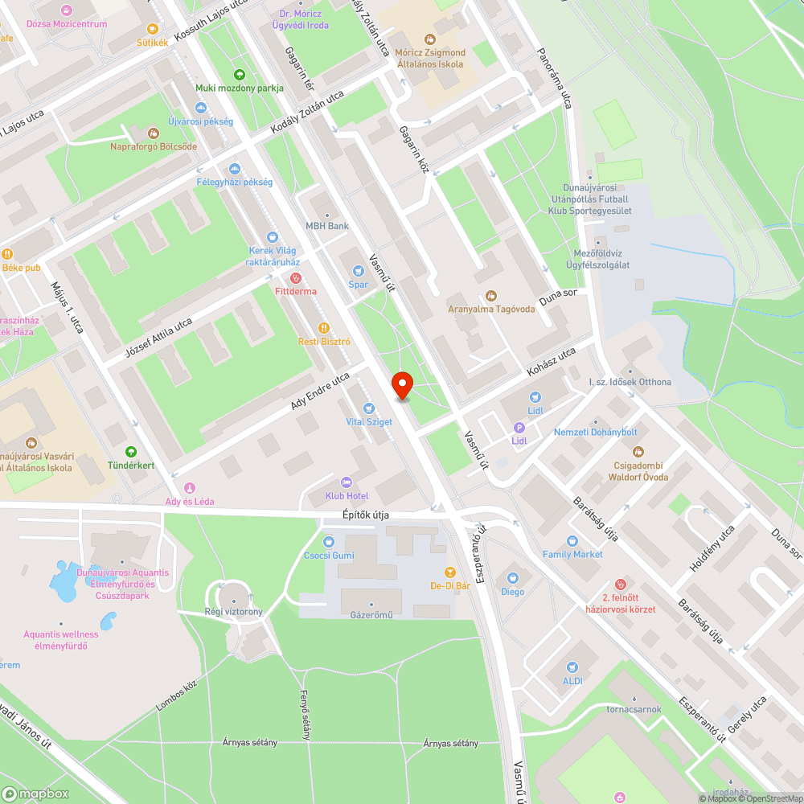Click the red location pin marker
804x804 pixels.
click(402, 385)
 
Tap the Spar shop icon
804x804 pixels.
click(358, 270)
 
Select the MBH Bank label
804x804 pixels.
click(327, 226)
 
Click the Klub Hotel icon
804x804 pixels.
click(347, 482)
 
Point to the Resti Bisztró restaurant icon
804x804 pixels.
click(324, 327)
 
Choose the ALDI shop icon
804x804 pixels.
click(572, 667)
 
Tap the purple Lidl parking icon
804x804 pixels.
click(519, 428)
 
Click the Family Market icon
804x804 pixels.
click(572, 541)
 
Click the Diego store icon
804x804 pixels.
click(512, 577)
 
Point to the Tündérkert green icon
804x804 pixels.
click(131, 452)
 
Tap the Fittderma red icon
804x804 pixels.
click(296, 277)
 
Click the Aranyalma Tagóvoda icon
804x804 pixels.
click(491, 296)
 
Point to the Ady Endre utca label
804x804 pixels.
click(320, 390)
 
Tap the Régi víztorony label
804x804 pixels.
click(233, 612)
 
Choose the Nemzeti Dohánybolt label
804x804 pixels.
click(595, 433)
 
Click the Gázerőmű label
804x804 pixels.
click(371, 615)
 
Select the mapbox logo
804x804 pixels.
click(36, 794)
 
